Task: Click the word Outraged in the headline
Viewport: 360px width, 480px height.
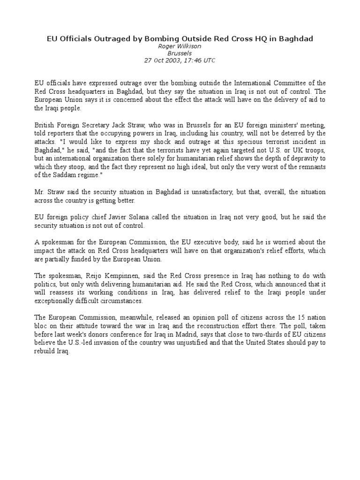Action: click(108, 38)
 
